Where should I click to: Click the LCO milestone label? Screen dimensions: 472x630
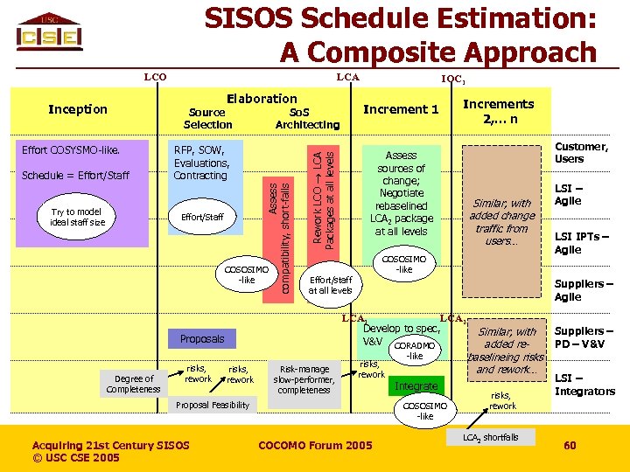pyautogui.click(x=155, y=77)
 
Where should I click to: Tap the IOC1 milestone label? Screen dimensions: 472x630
pyautogui.click(x=452, y=79)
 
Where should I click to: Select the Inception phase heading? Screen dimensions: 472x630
pyautogui.click(x=78, y=109)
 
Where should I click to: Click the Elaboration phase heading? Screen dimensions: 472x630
pyautogui.click(x=262, y=99)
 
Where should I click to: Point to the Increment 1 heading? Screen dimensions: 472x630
pyautogui.click(x=401, y=109)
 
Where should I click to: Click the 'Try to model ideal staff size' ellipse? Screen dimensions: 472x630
pyautogui.click(x=78, y=217)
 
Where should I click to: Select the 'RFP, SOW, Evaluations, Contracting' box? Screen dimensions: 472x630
pyautogui.click(x=202, y=163)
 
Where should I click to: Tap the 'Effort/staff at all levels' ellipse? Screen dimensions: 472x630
pyautogui.click(x=330, y=284)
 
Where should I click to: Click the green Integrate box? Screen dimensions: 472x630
pyautogui.click(x=416, y=385)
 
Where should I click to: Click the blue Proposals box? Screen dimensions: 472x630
pyautogui.click(x=202, y=338)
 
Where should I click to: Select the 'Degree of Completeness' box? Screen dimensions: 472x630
pyautogui.click(x=133, y=384)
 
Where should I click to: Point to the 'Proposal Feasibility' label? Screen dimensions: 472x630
pyautogui.click(x=213, y=405)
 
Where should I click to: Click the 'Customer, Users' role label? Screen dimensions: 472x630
pyautogui.click(x=581, y=153)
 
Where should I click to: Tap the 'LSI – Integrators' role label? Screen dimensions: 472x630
pyautogui.click(x=584, y=385)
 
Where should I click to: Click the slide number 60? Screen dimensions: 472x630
pyautogui.click(x=570, y=446)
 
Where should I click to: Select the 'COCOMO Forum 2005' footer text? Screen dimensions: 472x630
pyautogui.click(x=315, y=446)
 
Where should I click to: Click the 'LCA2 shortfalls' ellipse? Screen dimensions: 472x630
pyautogui.click(x=490, y=437)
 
